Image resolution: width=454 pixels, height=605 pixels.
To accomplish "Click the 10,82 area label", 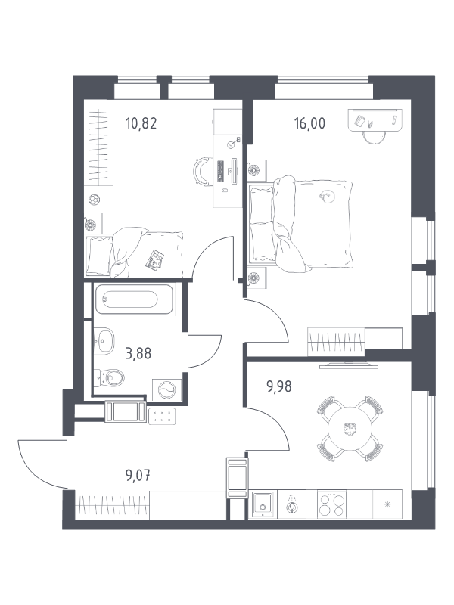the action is click(x=141, y=124).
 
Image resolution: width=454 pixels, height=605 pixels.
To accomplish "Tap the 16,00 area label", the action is click(x=309, y=123).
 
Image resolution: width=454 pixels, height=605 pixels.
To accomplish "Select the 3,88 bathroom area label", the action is click(x=138, y=353).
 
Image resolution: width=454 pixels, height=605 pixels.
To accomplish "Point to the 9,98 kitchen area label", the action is click(x=279, y=386).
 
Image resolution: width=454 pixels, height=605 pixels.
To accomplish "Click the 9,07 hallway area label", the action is click(x=138, y=476).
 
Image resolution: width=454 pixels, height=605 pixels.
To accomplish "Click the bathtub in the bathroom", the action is click(x=134, y=299).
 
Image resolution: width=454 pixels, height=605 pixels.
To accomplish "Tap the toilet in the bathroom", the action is click(x=110, y=377).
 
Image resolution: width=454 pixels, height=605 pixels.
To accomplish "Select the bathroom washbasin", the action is click(x=104, y=341).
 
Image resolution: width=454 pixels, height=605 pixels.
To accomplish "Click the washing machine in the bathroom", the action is click(x=167, y=389).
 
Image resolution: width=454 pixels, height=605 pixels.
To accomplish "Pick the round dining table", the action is click(x=350, y=428).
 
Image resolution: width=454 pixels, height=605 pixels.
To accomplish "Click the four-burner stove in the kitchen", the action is click(x=332, y=504).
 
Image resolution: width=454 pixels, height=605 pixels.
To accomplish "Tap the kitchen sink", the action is click(x=263, y=504).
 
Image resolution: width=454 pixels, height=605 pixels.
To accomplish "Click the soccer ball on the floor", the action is click(x=95, y=200).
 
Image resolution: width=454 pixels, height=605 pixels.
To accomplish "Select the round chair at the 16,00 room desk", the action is click(x=374, y=137).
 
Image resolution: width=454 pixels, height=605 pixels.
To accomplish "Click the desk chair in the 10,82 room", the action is click(x=203, y=172).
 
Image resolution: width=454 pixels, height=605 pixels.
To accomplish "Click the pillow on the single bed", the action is click(x=100, y=255).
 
